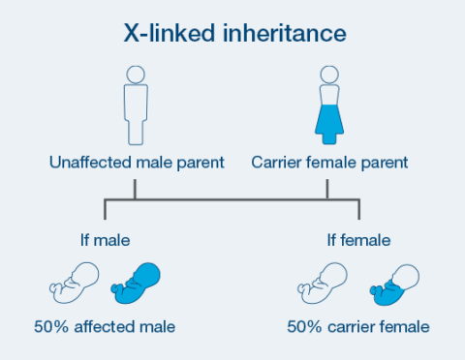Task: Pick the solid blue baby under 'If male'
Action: coord(135,281)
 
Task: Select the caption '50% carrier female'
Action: coord(357,326)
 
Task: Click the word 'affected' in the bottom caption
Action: coord(117,326)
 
